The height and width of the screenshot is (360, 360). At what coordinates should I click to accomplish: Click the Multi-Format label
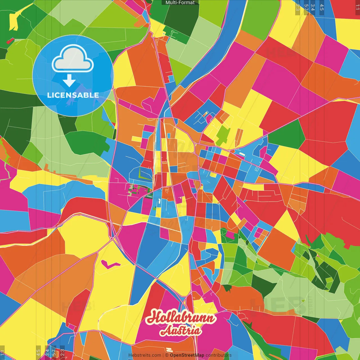click(x=180, y=3)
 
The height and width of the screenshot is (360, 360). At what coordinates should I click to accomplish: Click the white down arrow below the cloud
click(x=69, y=81)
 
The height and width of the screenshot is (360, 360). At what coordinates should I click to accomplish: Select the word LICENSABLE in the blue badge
click(x=73, y=95)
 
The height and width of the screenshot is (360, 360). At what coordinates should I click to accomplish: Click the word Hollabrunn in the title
click(x=181, y=318)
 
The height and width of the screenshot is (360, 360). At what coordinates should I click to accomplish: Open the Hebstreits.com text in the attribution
click(x=145, y=355)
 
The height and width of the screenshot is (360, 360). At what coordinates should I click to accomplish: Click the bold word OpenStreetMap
click(x=187, y=355)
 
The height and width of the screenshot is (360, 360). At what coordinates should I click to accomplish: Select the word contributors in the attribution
click(x=219, y=355)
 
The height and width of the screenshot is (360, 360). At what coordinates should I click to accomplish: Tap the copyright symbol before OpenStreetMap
click(x=167, y=355)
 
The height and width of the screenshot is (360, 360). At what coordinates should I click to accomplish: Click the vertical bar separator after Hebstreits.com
click(x=163, y=355)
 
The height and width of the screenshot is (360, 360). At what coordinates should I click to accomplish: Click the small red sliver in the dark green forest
click(x=10, y=41)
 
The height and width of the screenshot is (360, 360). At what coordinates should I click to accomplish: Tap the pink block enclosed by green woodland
click(x=230, y=235)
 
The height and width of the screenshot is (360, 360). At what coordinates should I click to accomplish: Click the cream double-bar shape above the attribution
click(x=169, y=350)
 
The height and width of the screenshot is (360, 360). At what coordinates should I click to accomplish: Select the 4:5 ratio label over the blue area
click(x=322, y=7)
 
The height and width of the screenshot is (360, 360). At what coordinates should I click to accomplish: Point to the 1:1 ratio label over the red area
click(x=357, y=7)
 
